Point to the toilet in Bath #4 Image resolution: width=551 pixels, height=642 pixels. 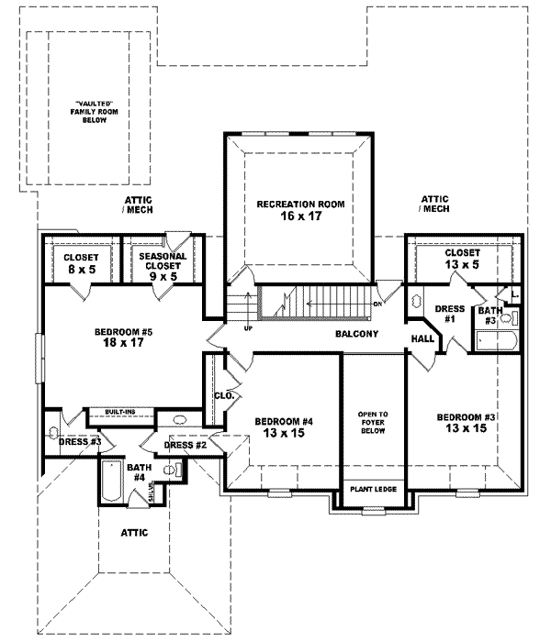tap(171, 470)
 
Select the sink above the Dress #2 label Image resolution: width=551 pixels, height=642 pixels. tap(180, 423)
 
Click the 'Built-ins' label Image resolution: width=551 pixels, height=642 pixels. tap(120, 413)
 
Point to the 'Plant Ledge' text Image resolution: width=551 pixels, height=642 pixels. tap(373, 489)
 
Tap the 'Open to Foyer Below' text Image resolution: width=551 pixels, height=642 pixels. tap(373, 423)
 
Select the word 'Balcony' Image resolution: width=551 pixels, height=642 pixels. tap(357, 334)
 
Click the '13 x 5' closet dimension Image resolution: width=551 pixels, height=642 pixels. tap(461, 265)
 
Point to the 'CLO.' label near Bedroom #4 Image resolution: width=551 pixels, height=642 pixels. tap(225, 396)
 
